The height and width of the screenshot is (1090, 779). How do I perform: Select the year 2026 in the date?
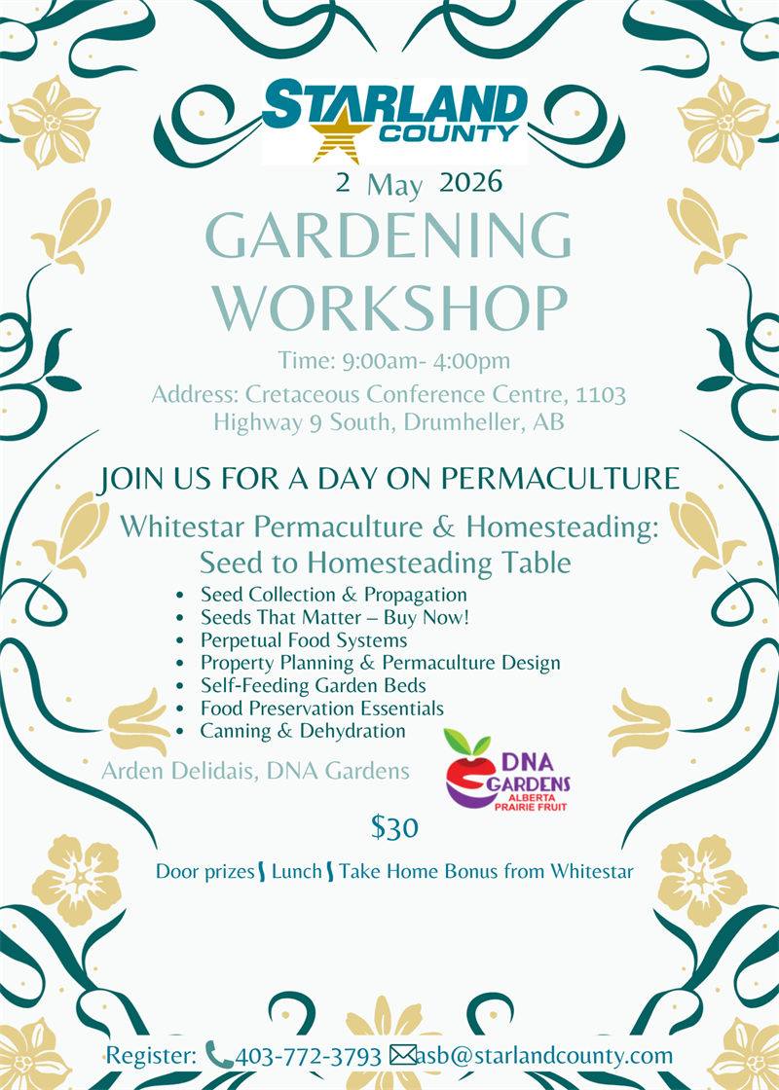point(470,182)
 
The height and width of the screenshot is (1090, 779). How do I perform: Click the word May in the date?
point(395,185)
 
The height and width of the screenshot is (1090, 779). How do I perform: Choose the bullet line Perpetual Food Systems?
point(303,640)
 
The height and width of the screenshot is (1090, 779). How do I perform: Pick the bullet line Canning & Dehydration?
point(302,730)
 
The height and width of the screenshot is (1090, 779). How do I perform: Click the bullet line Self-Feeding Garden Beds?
point(313,685)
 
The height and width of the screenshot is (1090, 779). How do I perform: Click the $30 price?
point(394,828)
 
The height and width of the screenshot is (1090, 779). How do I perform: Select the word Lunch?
point(296,871)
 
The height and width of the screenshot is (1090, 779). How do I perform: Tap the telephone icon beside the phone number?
point(219,1055)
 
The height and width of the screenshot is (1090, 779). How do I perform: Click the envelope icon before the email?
point(402,1055)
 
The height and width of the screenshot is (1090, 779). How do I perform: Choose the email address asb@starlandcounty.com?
point(545,1055)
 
